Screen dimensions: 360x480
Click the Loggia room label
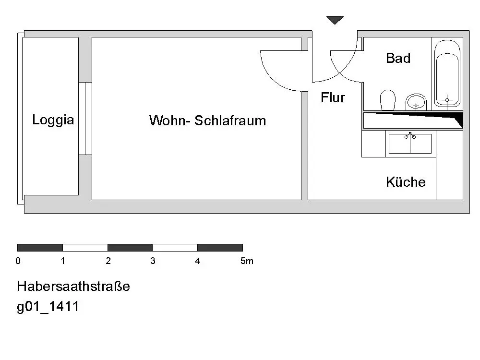tap(53, 120)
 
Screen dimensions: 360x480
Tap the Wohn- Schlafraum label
tap(207, 120)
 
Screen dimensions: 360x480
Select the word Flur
tap(333, 98)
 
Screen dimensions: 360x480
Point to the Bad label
tap(398, 59)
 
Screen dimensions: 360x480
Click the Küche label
tap(406, 182)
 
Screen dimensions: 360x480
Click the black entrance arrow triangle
tap(335, 20)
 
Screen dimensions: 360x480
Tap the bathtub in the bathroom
tap(447, 73)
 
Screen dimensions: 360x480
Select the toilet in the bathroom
tap(387, 99)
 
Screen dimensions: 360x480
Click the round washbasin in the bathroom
tap(416, 101)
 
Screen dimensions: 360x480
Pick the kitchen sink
tap(410, 144)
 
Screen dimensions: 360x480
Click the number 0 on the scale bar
tap(18, 261)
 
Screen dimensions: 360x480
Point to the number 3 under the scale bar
tap(153, 261)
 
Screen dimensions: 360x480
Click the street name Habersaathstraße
tap(73, 287)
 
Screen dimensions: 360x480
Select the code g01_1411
tap(48, 307)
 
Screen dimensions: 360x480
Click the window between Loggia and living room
tap(85, 119)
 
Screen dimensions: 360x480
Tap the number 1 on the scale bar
tap(63, 261)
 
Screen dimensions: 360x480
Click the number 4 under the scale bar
tap(197, 261)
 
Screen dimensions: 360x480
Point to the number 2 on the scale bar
tap(108, 261)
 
